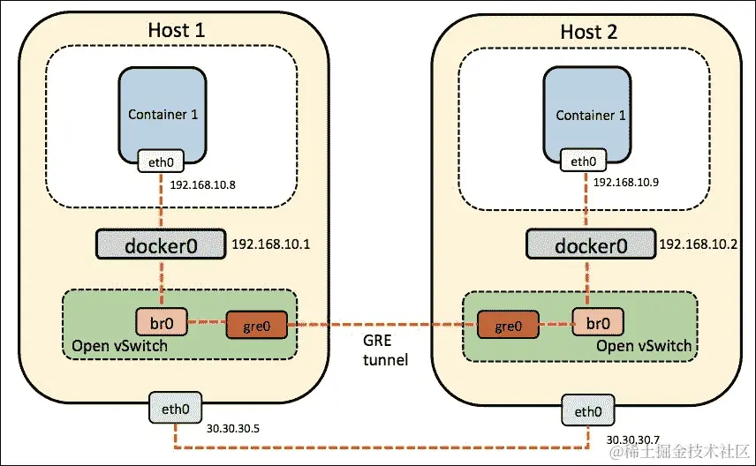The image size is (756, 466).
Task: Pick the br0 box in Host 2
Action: click(x=596, y=319)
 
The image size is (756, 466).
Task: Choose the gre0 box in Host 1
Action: click(x=257, y=325)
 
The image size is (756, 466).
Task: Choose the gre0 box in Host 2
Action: click(x=507, y=325)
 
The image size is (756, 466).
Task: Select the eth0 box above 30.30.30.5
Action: click(x=174, y=410)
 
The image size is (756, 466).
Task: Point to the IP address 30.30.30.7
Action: click(x=632, y=439)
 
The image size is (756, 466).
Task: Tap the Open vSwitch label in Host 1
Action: click(x=117, y=345)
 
